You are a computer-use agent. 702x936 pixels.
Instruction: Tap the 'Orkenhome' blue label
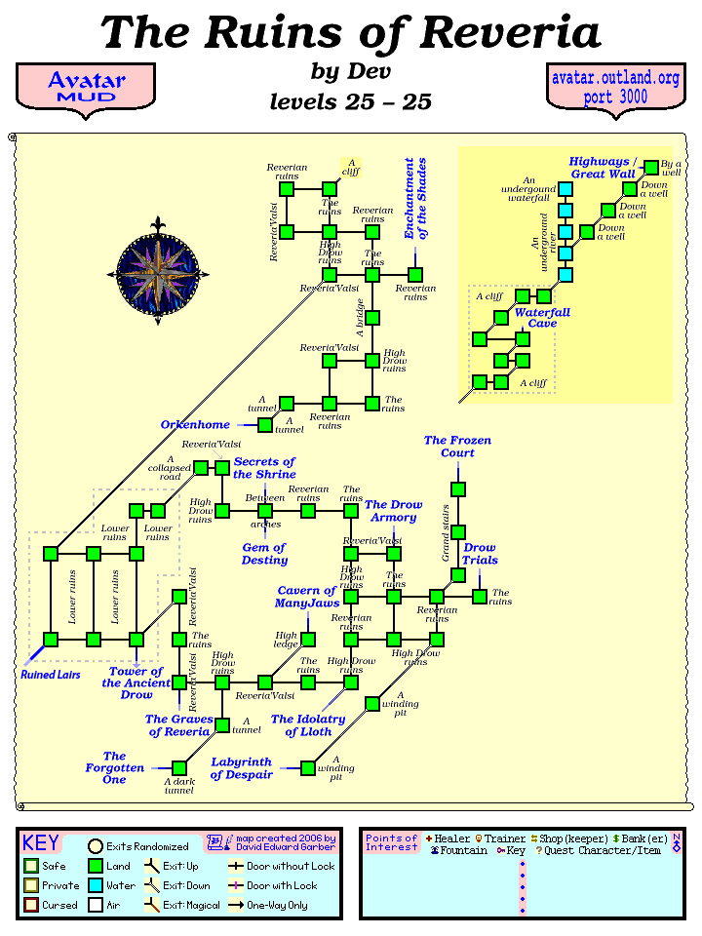tap(195, 425)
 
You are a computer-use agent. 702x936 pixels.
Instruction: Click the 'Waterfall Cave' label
tap(542, 318)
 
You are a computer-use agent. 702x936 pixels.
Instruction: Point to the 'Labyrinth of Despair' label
tap(241, 768)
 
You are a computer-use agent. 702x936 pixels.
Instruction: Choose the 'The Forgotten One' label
tap(114, 767)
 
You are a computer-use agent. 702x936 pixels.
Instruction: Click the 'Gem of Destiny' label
tap(264, 554)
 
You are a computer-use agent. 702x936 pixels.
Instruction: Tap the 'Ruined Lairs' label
tap(50, 673)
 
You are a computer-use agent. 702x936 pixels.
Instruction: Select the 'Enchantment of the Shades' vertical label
tap(415, 198)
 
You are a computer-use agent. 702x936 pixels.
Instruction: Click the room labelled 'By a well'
tap(651, 167)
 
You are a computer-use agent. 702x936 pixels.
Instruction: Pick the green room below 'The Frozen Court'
tap(457, 488)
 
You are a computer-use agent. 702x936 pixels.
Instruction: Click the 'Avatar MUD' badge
tap(86, 86)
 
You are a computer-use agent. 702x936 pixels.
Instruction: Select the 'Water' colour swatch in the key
tap(96, 885)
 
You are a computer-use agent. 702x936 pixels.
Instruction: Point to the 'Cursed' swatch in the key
tap(31, 905)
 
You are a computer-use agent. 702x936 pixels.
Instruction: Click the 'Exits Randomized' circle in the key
tap(96, 846)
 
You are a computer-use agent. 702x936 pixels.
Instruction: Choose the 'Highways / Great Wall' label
tap(603, 168)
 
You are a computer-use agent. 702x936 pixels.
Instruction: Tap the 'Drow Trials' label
tap(480, 554)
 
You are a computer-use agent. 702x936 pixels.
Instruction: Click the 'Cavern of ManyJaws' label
tap(306, 597)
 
